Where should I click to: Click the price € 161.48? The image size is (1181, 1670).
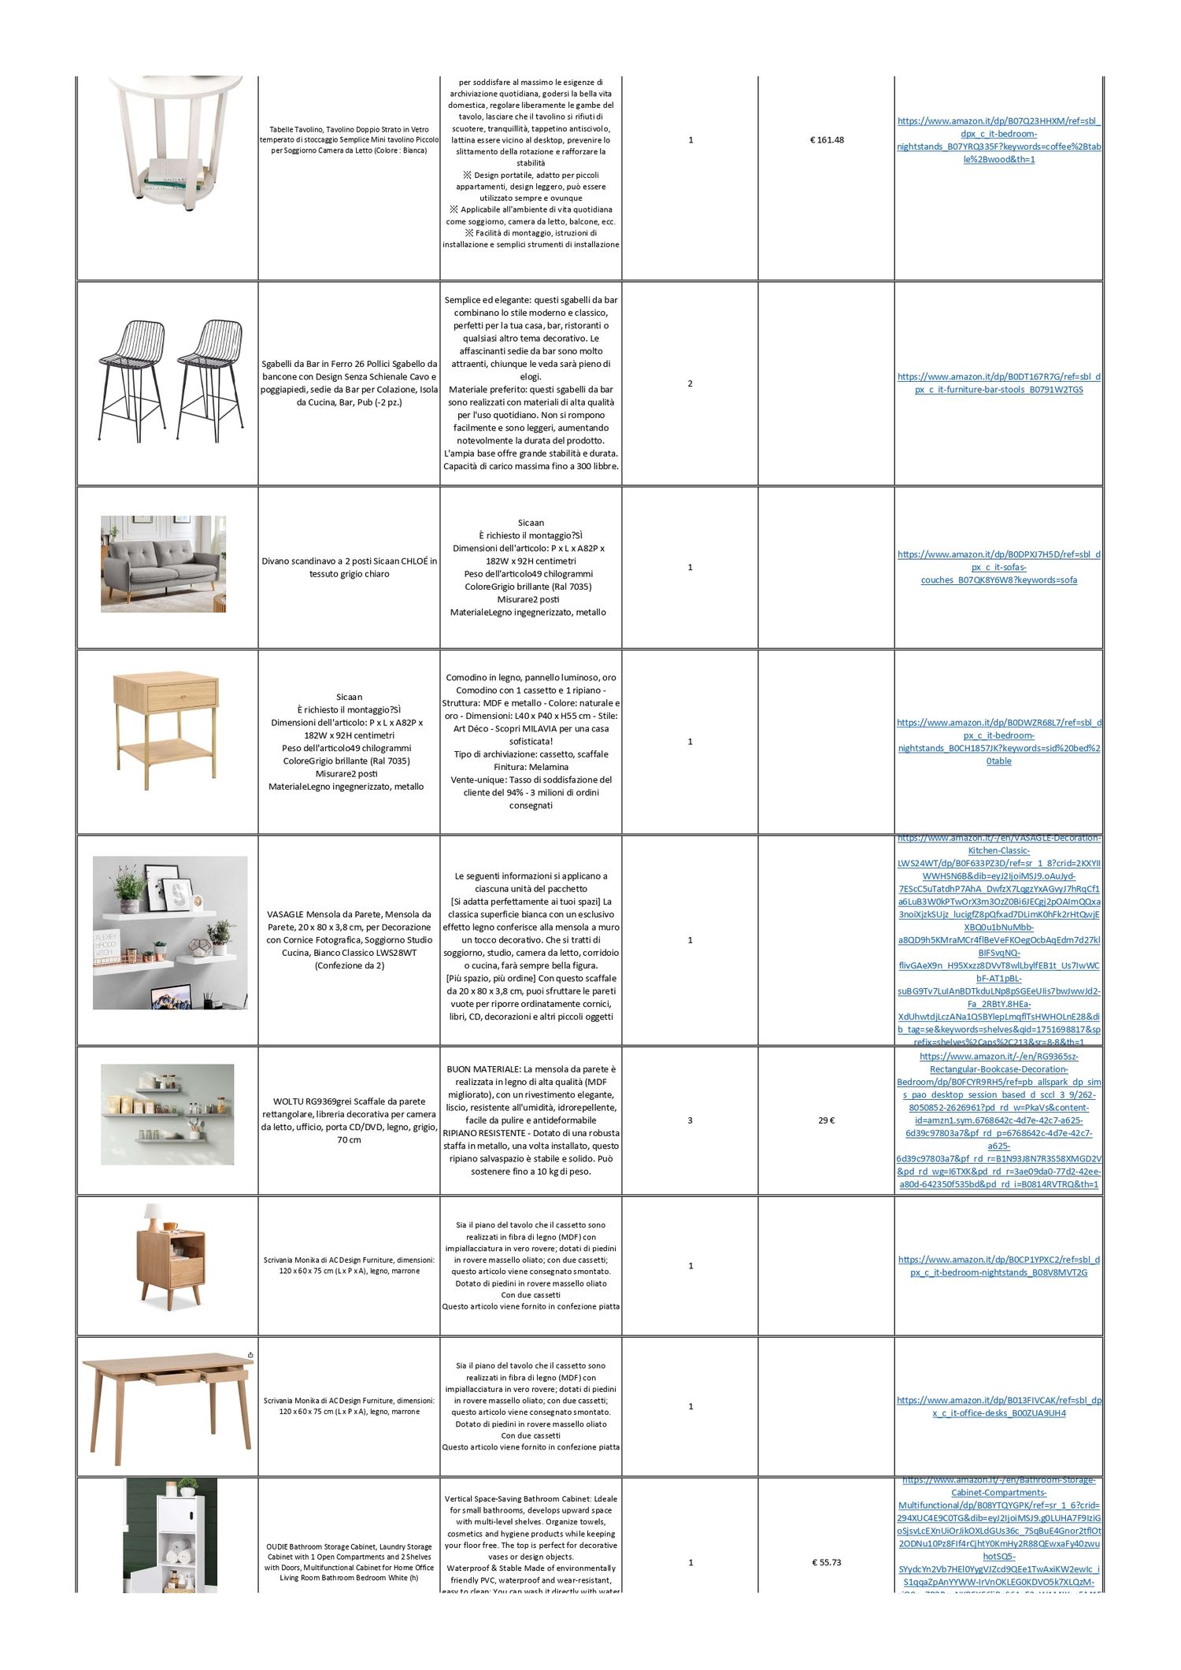pyautogui.click(x=826, y=140)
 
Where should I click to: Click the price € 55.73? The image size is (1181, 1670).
pyautogui.click(x=826, y=1562)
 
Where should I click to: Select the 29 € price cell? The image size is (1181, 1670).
pyautogui.click(x=826, y=1120)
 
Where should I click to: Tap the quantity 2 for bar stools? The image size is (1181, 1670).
pyautogui.click(x=690, y=383)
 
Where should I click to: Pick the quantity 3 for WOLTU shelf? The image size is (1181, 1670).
pyautogui.click(x=690, y=1120)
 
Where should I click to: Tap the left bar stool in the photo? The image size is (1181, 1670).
pyautogui.click(x=133, y=378)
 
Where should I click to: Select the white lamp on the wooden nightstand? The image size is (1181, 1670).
pyautogui.click(x=153, y=1216)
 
